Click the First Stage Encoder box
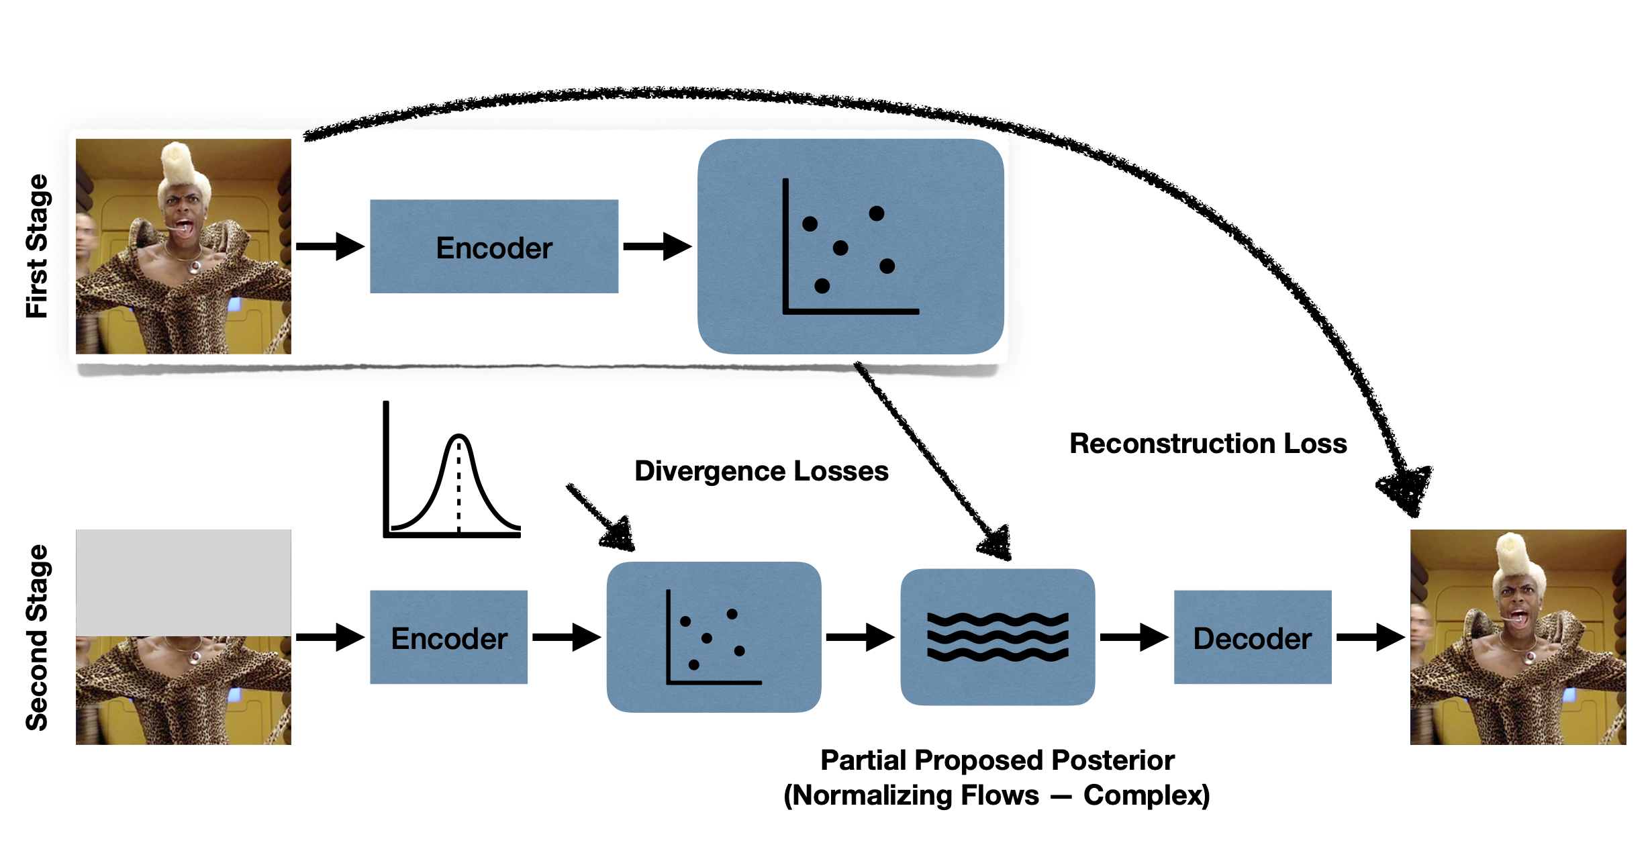pyautogui.click(x=494, y=246)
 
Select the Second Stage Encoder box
pyautogui.click(x=448, y=637)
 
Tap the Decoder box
pyautogui.click(x=1252, y=637)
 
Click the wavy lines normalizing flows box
pyautogui.click(x=998, y=637)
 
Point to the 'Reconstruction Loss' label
pyautogui.click(x=1208, y=444)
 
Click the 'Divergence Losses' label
pyautogui.click(x=761, y=471)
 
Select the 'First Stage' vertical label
pyautogui.click(x=38, y=246)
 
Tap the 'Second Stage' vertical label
pyautogui.click(x=38, y=637)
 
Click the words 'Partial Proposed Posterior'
pyautogui.click(x=997, y=760)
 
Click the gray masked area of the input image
pyautogui.click(x=183, y=582)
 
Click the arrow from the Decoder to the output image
pyautogui.click(x=1370, y=637)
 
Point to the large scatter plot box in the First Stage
pyautogui.click(x=851, y=246)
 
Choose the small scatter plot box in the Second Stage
pyautogui.click(x=714, y=637)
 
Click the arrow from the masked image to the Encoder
pyautogui.click(x=330, y=637)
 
